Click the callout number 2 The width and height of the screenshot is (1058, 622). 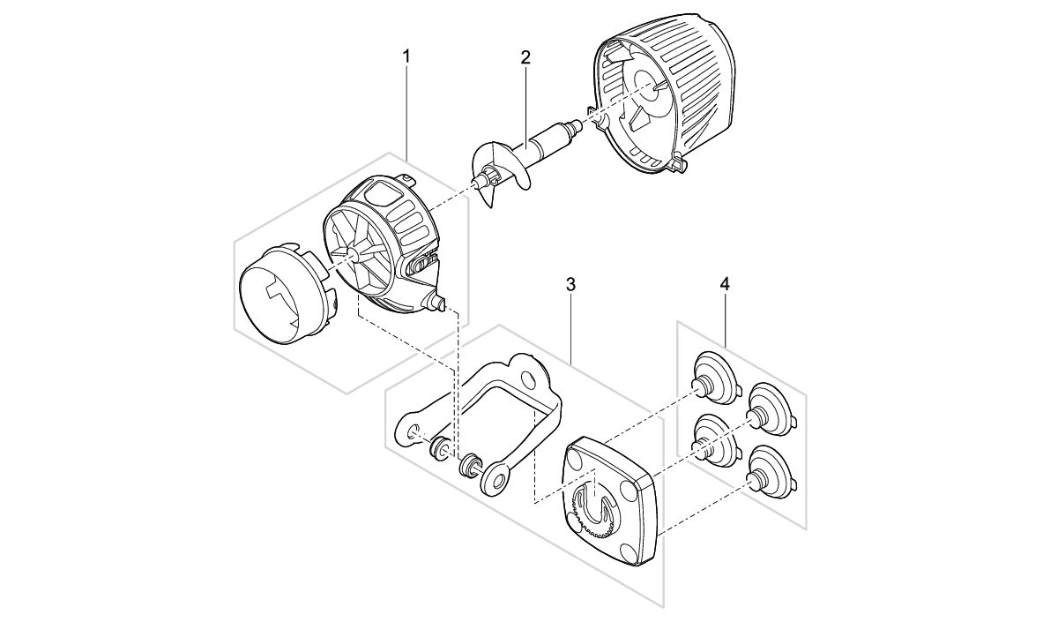click(525, 58)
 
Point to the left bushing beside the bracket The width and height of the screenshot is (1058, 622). click(437, 447)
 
